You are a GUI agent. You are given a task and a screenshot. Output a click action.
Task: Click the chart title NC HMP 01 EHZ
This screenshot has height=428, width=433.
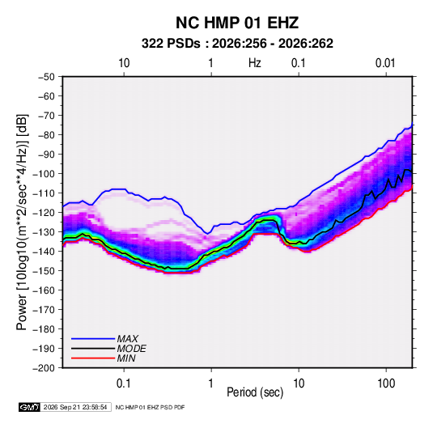pyautogui.click(x=237, y=23)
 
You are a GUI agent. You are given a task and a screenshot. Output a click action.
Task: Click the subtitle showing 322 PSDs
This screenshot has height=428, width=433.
pyautogui.click(x=237, y=44)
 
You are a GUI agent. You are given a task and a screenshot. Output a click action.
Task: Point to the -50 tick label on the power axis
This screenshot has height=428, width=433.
pyautogui.click(x=46, y=77)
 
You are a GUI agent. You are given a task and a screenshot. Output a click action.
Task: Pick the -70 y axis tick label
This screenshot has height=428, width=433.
pyautogui.click(x=46, y=116)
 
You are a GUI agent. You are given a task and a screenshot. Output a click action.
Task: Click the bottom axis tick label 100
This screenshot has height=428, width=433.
pyautogui.click(x=386, y=384)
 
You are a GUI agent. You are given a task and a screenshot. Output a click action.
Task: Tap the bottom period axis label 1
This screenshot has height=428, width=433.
pyautogui.click(x=211, y=384)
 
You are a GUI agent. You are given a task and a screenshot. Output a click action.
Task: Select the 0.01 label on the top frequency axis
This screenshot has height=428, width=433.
pyautogui.click(x=385, y=63)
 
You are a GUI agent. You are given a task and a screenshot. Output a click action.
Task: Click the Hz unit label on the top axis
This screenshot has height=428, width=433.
pyautogui.click(x=255, y=63)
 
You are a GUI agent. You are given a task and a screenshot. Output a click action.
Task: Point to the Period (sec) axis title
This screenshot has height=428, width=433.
pyautogui.click(x=255, y=392)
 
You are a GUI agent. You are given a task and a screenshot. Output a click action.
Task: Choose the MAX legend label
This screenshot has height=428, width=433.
pyautogui.click(x=127, y=339)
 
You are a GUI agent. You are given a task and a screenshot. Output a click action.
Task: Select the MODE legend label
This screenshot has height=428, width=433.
pyautogui.click(x=131, y=349)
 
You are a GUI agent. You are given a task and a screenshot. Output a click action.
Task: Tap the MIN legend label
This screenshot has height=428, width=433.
pyautogui.click(x=126, y=358)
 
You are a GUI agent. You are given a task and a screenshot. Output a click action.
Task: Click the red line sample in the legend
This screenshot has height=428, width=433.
pyautogui.click(x=93, y=358)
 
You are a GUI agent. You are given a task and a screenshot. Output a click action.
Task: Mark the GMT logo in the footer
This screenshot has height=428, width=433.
pyautogui.click(x=29, y=407)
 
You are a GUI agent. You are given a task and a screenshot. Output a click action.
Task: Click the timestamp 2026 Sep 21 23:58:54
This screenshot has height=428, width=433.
pyautogui.click(x=75, y=407)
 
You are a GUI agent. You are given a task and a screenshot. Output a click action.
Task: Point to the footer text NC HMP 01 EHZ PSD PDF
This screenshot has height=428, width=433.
pyautogui.click(x=150, y=407)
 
